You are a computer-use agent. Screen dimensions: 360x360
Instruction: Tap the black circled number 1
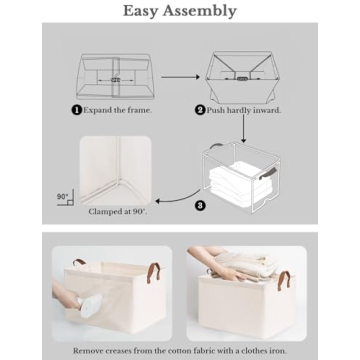(76, 110)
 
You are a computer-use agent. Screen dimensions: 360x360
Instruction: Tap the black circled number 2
(200, 110)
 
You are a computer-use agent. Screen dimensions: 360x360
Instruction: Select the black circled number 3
(200, 206)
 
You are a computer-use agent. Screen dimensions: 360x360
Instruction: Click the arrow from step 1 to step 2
(180, 76)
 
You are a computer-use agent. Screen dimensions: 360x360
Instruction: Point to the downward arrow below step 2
(243, 128)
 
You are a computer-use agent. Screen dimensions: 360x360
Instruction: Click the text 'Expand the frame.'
(118, 110)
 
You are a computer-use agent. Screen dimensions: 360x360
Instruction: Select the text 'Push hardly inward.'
(244, 110)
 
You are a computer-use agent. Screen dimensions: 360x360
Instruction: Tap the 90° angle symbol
(64, 198)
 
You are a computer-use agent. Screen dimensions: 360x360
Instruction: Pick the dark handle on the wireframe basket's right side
(268, 175)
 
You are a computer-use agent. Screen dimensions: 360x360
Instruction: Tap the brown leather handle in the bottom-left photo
(153, 272)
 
